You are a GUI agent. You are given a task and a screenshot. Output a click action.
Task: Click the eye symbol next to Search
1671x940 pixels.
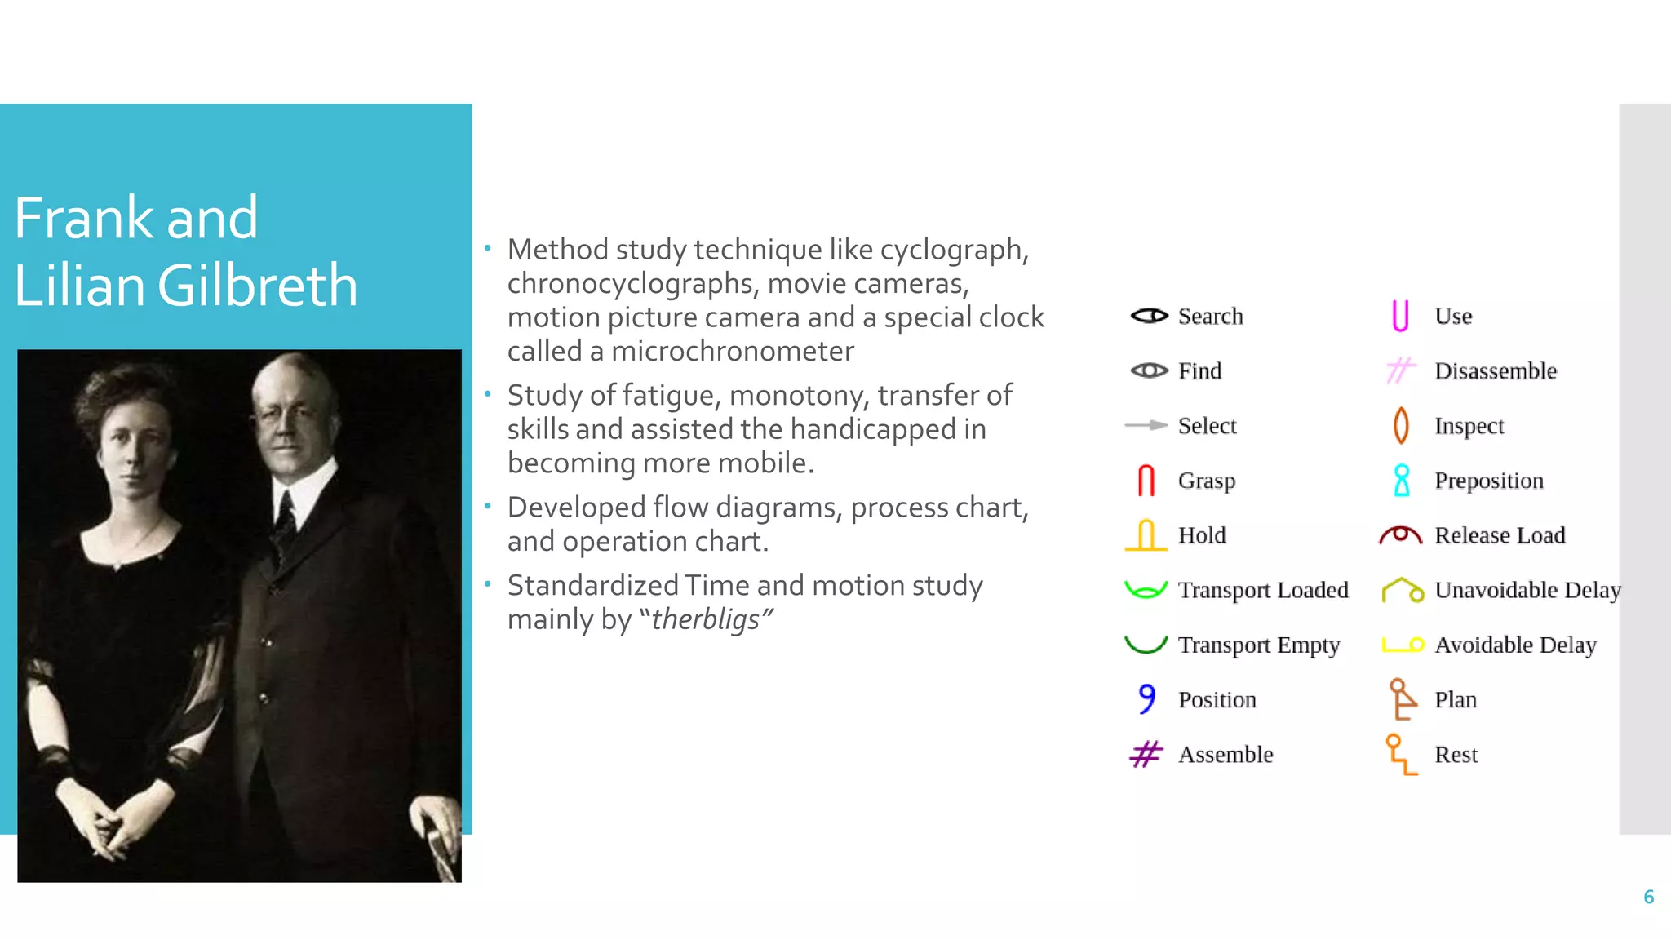(1149, 316)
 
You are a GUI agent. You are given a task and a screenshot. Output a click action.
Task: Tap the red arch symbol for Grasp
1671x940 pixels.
(1146, 481)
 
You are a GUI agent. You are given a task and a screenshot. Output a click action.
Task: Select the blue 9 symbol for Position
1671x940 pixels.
(1147, 698)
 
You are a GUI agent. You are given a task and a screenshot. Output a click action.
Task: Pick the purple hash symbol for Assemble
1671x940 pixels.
(1146, 754)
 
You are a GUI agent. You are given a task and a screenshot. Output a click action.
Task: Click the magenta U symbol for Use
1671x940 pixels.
(1400, 316)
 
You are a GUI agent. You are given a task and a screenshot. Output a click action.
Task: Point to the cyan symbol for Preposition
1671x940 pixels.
(1402, 481)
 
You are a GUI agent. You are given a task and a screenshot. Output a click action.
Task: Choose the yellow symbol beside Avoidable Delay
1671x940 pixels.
(1403, 645)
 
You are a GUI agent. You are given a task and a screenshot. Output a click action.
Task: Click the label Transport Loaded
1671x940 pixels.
(1262, 590)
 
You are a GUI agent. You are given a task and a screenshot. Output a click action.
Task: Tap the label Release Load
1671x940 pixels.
(1500, 535)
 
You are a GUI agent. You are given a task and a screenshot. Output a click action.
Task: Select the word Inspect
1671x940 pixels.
(1469, 426)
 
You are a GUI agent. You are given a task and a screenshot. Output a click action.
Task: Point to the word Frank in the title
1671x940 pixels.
(83, 218)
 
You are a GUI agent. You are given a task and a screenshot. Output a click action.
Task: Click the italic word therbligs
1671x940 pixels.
(706, 619)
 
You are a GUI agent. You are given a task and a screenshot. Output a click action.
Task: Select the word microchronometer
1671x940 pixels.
(732, 351)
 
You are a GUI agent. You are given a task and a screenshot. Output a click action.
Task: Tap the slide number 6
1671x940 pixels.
(1648, 897)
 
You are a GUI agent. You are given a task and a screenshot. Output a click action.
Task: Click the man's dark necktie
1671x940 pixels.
(286, 522)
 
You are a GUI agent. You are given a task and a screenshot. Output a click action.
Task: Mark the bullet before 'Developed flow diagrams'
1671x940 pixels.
(487, 506)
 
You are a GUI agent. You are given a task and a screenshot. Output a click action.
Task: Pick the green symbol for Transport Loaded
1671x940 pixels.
(1146, 589)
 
